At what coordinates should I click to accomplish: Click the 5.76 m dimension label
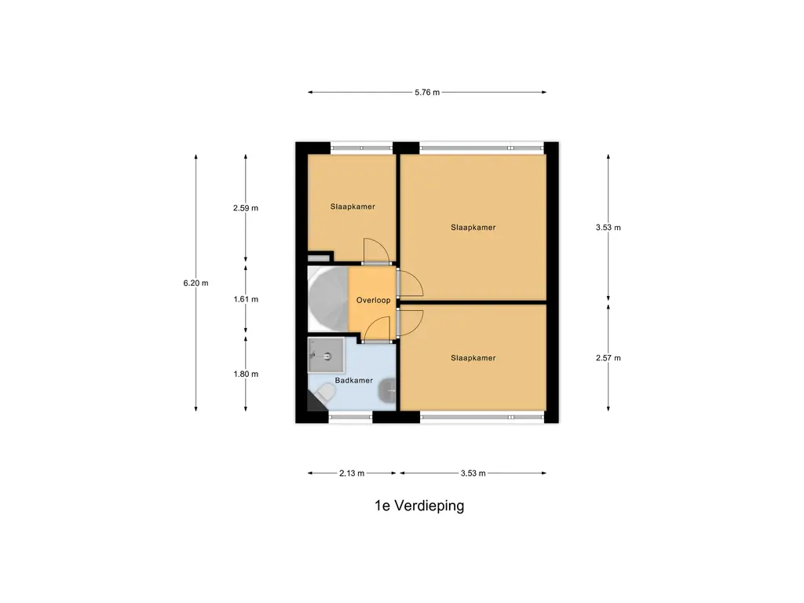427,93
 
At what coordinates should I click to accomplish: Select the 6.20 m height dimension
196,283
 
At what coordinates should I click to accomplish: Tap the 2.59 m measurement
246,208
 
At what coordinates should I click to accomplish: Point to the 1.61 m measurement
246,299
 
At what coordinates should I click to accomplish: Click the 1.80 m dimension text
246,374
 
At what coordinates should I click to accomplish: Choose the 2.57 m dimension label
608,358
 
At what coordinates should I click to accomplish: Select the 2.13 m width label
352,473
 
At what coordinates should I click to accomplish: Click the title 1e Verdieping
419,506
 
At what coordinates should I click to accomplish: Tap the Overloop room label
373,300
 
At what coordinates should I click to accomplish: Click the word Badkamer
353,381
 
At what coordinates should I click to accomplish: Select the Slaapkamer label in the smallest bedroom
352,207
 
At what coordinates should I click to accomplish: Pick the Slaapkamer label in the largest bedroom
473,228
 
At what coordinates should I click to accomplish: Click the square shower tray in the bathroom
325,356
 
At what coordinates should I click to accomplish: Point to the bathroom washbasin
388,391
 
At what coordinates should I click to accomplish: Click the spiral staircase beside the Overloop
326,299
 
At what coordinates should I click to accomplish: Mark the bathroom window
350,416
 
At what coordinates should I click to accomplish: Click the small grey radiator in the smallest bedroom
320,257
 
